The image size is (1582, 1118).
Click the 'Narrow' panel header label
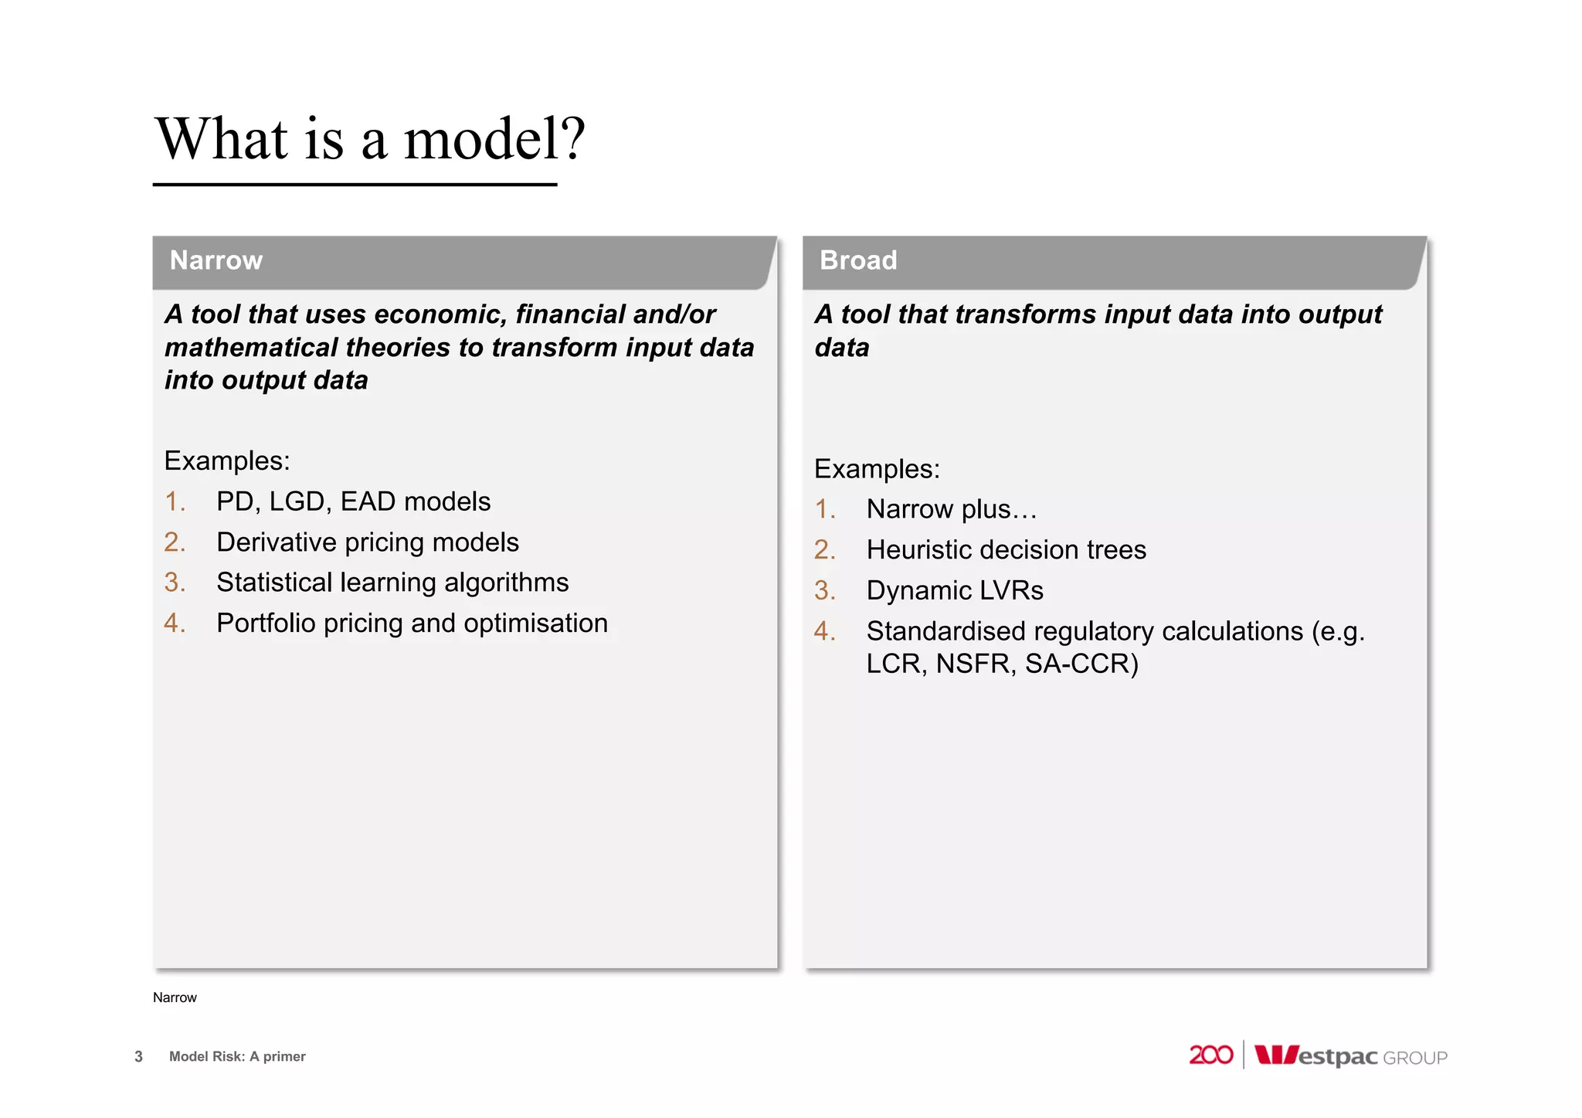tap(216, 260)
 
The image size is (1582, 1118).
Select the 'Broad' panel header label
tap(857, 260)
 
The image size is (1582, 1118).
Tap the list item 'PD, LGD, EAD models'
tap(353, 502)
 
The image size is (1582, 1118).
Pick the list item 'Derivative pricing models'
tap(367, 542)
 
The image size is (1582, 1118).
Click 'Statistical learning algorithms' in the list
tap(392, 583)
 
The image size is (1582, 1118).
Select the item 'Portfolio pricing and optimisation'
tap(412, 624)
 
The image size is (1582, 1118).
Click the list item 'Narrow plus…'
tap(951, 510)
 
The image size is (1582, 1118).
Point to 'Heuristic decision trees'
tap(1006, 550)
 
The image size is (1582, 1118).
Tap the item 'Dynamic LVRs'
tap(954, 591)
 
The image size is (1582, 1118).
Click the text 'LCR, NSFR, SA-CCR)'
tap(1002, 664)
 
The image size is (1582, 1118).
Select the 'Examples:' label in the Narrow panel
tap(226, 461)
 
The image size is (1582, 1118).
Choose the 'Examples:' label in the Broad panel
tap(877, 469)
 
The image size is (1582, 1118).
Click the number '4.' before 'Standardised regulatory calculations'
tap(824, 631)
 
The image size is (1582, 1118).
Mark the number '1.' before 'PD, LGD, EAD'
tap(175, 502)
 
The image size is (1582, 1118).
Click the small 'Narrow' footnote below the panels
tap(175, 997)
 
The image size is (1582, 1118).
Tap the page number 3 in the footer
tap(138, 1056)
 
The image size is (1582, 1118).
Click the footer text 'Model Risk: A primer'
tap(237, 1056)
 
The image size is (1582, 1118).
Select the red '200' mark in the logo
tap(1210, 1055)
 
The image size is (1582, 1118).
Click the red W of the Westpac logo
tap(1275, 1055)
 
